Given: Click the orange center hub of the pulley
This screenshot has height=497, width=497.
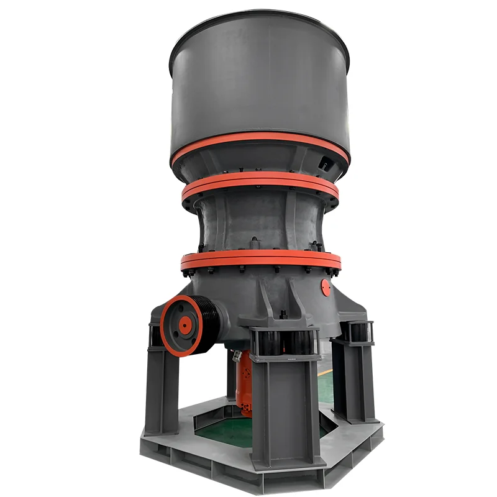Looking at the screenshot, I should point(184,324).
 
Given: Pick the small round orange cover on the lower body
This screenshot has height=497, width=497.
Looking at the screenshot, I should point(326,287).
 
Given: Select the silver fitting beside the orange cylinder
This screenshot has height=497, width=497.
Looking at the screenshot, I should point(236,357).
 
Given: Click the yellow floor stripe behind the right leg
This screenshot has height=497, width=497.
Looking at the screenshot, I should point(327,371).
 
